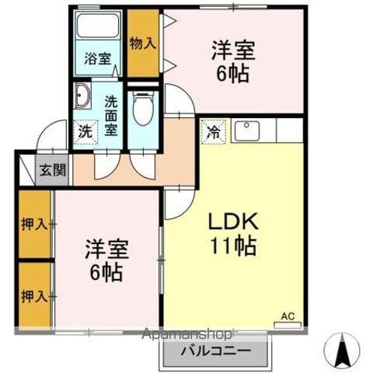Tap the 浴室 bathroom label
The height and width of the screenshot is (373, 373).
pyautogui.click(x=98, y=58)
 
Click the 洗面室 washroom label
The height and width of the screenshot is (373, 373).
pyautogui.click(x=111, y=115)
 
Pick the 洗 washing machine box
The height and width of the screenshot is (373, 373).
pyautogui.click(x=85, y=131)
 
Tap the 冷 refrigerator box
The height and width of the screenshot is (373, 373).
pyautogui.click(x=211, y=131)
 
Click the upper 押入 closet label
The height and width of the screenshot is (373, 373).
pyautogui.click(x=31, y=225)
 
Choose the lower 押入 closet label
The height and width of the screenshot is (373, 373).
pyautogui.click(x=31, y=295)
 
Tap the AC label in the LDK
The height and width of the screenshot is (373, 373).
pyautogui.click(x=288, y=315)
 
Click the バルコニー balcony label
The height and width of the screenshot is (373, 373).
pyautogui.click(x=216, y=350)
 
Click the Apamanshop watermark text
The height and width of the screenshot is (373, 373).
pyautogui.click(x=186, y=336)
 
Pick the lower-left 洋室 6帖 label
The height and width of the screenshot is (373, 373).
pyautogui.click(x=106, y=261)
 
